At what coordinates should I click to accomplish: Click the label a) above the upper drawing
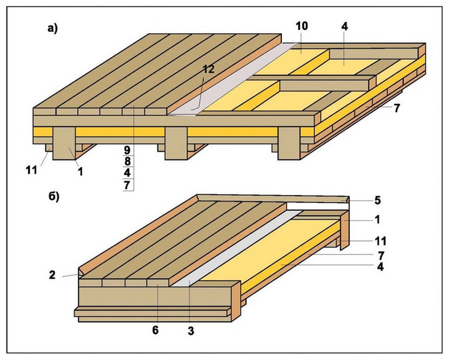[53, 27]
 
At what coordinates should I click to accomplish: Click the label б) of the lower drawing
[53, 196]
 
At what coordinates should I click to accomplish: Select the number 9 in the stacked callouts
[127, 149]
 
